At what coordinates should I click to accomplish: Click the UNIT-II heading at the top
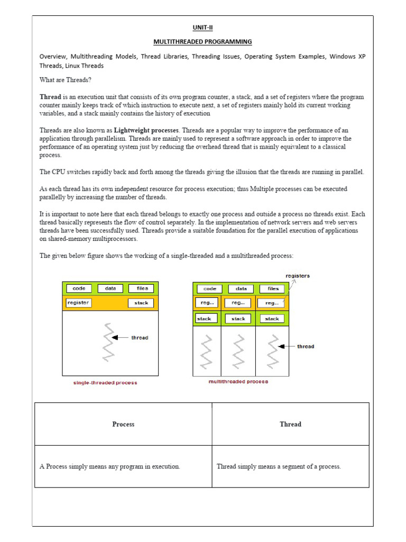202,28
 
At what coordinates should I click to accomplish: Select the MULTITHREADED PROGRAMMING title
202,41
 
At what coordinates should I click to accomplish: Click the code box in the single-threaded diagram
79,288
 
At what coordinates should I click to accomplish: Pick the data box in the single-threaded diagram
110,288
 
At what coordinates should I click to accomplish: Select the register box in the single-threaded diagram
78,303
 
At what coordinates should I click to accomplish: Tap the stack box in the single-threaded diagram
141,303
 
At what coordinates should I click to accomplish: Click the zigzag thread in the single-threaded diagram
109,342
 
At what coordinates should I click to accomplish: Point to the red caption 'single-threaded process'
105,382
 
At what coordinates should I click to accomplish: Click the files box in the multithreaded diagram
273,288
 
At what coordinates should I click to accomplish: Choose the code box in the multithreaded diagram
210,288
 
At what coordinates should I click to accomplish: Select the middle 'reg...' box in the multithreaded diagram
238,303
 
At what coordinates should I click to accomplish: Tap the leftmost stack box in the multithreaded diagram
204,319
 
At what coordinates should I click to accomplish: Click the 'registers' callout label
298,276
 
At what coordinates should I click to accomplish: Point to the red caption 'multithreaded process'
238,381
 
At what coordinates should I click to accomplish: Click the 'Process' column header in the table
123,424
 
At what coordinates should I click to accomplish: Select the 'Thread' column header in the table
290,424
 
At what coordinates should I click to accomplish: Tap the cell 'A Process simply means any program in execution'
110,466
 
